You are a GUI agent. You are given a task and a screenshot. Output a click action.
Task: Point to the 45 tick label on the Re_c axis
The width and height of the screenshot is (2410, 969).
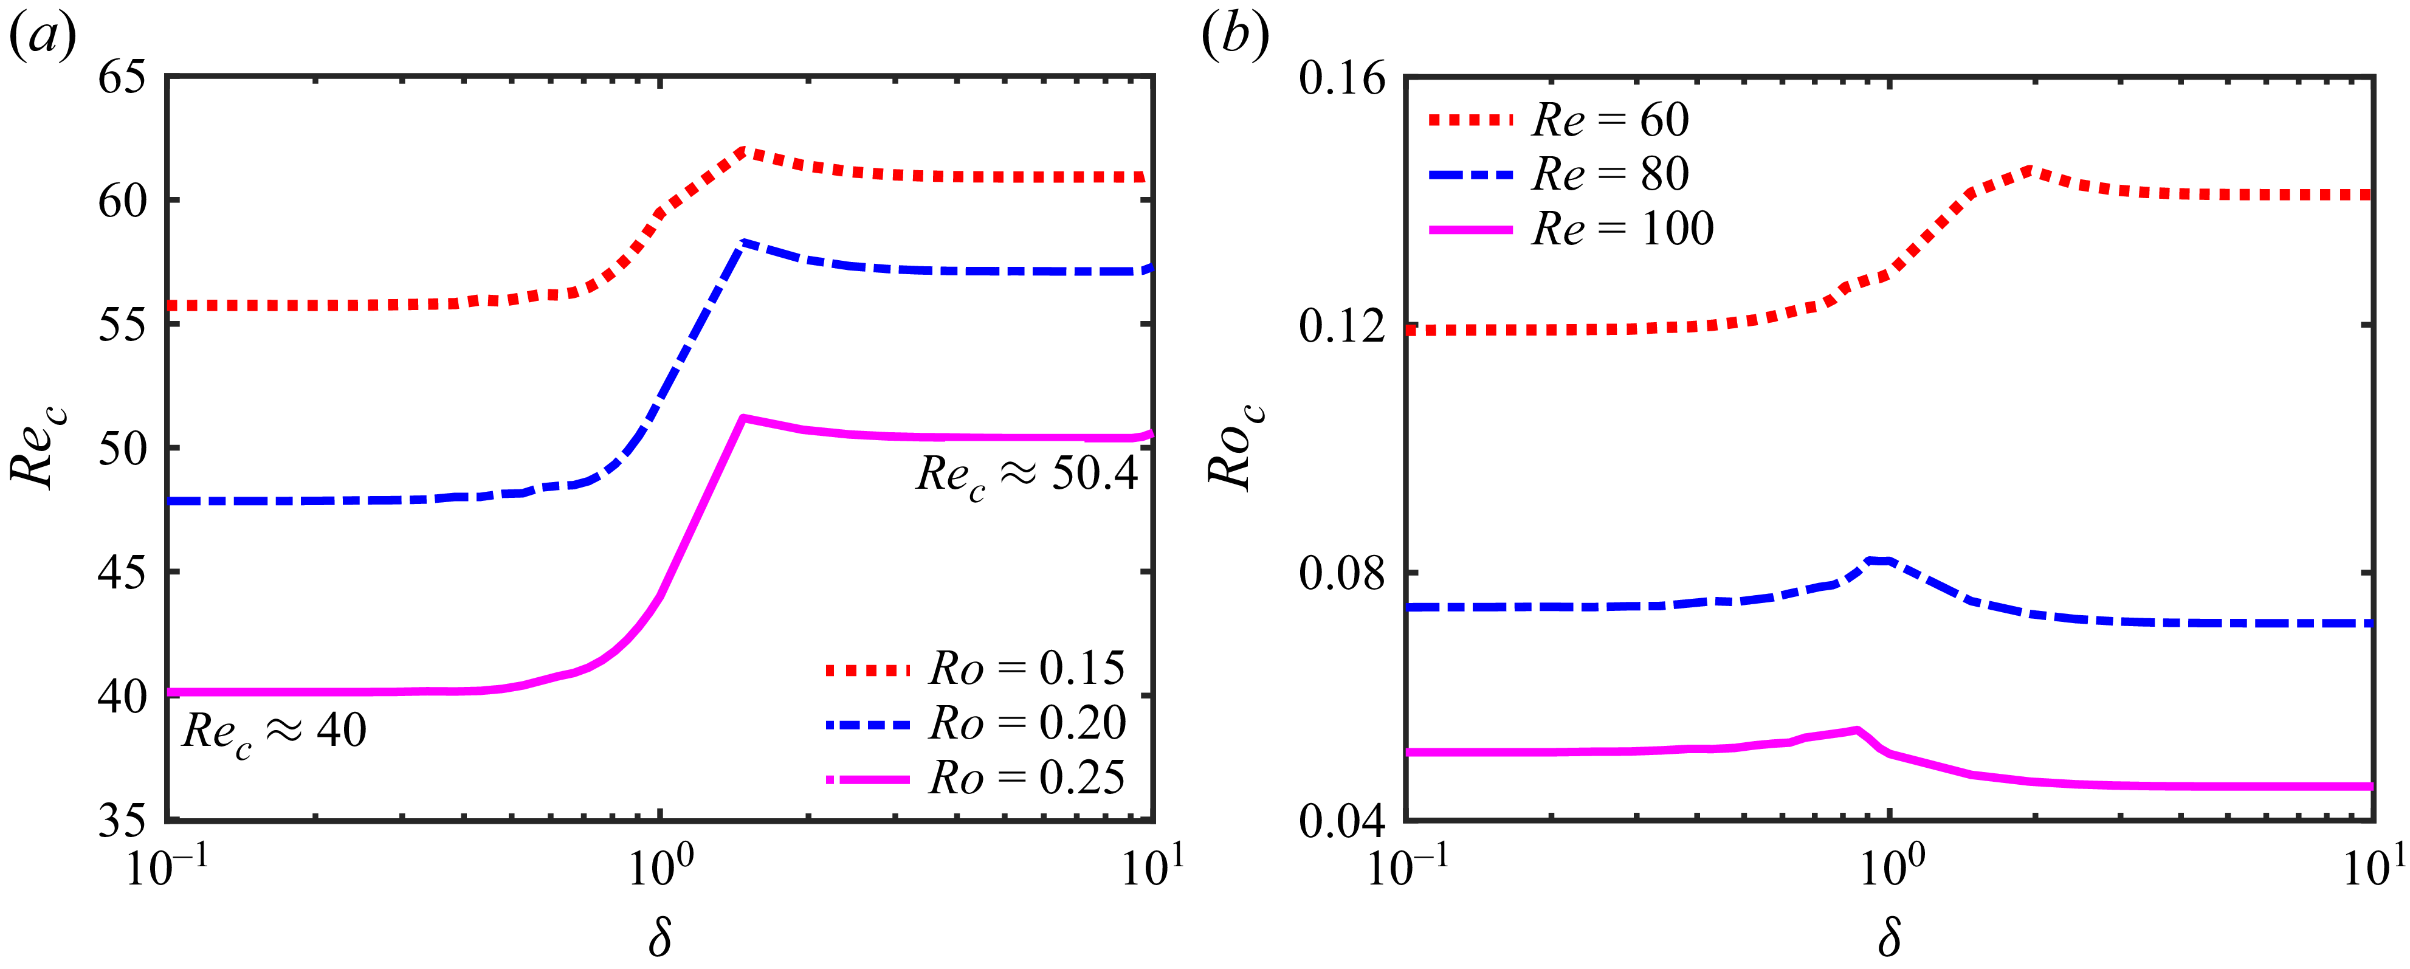point(123,571)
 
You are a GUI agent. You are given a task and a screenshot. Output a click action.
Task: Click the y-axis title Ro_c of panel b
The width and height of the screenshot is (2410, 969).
point(1234,447)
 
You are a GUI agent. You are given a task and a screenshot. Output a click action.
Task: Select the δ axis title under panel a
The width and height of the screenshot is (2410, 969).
point(659,936)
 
